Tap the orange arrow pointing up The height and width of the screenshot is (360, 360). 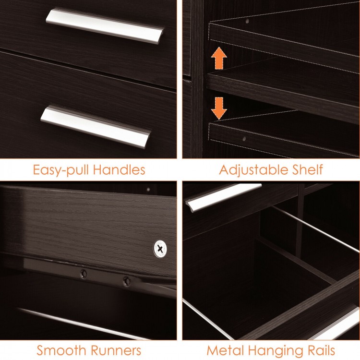pos(219,59)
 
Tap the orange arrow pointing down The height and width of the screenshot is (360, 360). pos(219,108)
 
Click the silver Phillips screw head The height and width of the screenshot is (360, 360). pos(160,248)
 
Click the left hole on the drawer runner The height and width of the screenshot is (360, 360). pos(84,273)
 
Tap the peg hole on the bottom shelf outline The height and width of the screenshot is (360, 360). pos(244,138)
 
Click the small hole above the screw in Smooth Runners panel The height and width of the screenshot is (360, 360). pos(148,189)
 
